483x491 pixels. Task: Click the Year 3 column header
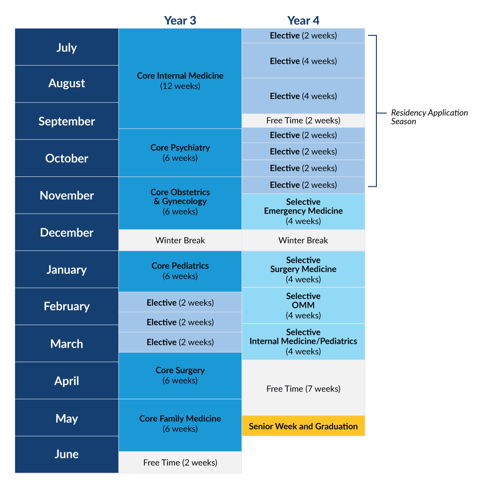pyautogui.click(x=180, y=21)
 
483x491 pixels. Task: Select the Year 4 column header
pyautogui.click(x=303, y=21)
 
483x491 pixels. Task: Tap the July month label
pyautogui.click(x=67, y=47)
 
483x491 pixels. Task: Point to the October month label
pyautogui.click(x=67, y=158)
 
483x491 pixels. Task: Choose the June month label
pyautogui.click(x=67, y=454)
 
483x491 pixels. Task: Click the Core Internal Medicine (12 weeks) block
pyautogui.click(x=180, y=78)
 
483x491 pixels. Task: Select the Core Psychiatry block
pyautogui.click(x=180, y=152)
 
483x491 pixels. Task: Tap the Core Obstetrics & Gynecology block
pyautogui.click(x=180, y=203)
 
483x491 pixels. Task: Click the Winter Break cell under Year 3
pyautogui.click(x=180, y=240)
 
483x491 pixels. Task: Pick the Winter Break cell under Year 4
pyautogui.click(x=303, y=240)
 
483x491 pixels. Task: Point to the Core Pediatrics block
pyautogui.click(x=180, y=271)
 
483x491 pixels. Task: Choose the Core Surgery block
pyautogui.click(x=180, y=375)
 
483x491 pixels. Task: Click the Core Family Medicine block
pyautogui.click(x=180, y=425)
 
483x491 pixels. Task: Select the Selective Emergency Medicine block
pyautogui.click(x=303, y=211)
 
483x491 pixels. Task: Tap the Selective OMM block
pyautogui.click(x=303, y=305)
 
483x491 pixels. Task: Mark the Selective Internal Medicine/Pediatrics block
pyautogui.click(x=303, y=341)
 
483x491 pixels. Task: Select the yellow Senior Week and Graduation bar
pyautogui.click(x=303, y=426)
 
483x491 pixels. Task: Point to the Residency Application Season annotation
pyautogui.click(x=429, y=117)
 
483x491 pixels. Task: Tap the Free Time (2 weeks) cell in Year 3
pyautogui.click(x=180, y=462)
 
